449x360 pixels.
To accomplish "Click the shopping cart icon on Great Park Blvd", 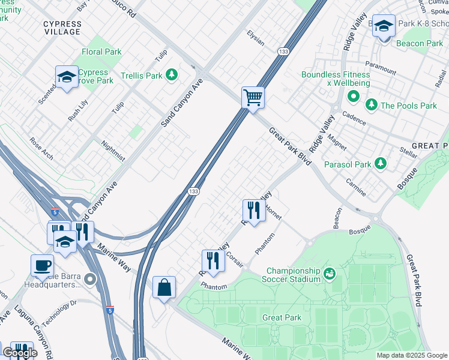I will pos(253,97).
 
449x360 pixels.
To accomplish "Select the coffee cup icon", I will pos(42,265).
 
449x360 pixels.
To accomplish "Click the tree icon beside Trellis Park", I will pos(172,75).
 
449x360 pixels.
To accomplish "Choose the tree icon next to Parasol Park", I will pos(380,163).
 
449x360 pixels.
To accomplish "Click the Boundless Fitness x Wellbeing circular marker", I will pos(353,96).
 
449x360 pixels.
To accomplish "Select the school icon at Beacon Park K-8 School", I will pos(384,26).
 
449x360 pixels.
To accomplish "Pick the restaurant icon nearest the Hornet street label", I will pos(253,210).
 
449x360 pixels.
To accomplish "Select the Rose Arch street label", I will pos(41,149).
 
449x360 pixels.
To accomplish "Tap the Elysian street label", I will pos(255,39).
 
